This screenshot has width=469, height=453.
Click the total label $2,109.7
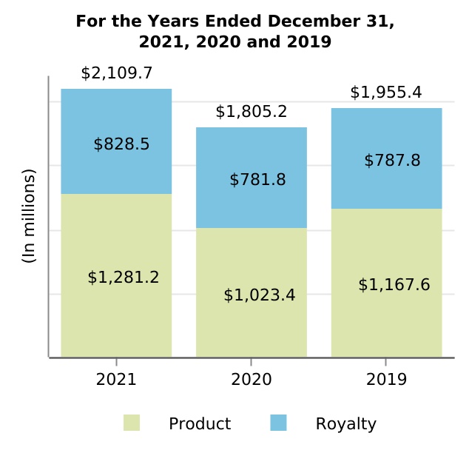[x=116, y=73]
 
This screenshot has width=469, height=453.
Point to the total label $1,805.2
[x=252, y=112]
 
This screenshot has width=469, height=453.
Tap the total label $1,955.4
[x=386, y=93]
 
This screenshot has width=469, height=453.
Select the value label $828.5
[x=121, y=144]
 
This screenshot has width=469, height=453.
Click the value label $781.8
[x=257, y=180]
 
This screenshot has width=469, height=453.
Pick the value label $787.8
[x=392, y=161]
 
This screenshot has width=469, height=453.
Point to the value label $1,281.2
[x=124, y=278]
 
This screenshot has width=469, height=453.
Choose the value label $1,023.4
[x=260, y=295]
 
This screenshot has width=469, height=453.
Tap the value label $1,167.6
[x=394, y=285]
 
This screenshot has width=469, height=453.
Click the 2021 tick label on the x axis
[x=116, y=380]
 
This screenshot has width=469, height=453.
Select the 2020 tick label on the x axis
[x=252, y=380]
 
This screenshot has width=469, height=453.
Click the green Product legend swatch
[x=132, y=423]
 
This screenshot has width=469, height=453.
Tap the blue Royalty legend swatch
[x=278, y=423]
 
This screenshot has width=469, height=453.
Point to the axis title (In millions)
[x=29, y=216]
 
